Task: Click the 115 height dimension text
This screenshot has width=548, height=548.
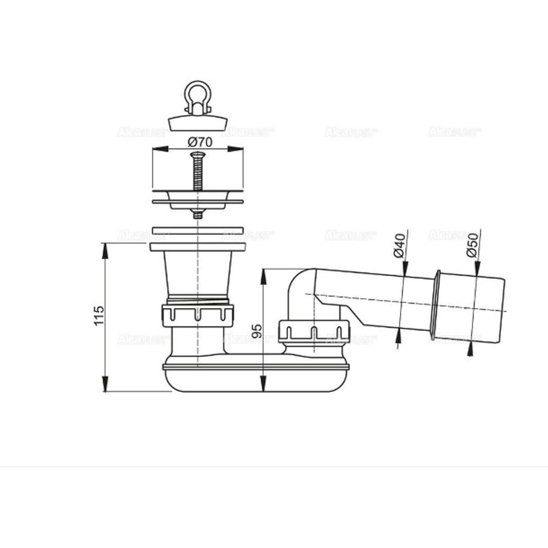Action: tap(99, 316)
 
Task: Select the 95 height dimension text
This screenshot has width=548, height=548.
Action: tap(256, 330)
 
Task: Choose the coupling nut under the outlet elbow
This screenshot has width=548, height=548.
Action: tap(314, 332)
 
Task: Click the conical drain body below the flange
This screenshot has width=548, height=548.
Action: tap(197, 274)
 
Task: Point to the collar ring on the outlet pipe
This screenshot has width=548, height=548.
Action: tap(436, 301)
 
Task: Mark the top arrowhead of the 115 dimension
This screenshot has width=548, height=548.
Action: tap(105, 248)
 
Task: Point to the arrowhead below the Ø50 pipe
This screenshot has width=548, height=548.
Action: tap(470, 350)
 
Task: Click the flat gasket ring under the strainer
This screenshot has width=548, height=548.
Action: tap(197, 231)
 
